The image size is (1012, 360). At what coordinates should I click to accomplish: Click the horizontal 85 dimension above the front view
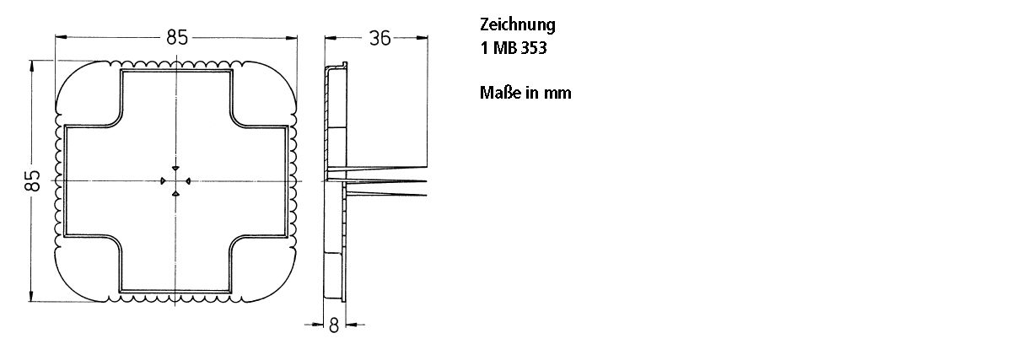176,37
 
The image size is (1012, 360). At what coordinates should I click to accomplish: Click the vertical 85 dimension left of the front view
32,180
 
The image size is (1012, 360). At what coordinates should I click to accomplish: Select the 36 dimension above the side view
379,38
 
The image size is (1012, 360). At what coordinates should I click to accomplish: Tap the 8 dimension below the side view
333,325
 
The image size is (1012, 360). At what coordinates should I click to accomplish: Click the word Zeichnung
517,25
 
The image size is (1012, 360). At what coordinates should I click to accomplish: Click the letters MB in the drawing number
503,49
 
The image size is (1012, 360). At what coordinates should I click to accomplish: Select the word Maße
500,93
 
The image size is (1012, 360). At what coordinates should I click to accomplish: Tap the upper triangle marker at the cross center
175,167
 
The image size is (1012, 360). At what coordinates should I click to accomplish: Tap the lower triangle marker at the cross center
175,195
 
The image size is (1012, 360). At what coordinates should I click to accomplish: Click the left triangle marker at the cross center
162,180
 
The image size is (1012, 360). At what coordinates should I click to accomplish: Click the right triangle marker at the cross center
189,180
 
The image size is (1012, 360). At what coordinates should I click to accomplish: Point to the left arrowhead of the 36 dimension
331,38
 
